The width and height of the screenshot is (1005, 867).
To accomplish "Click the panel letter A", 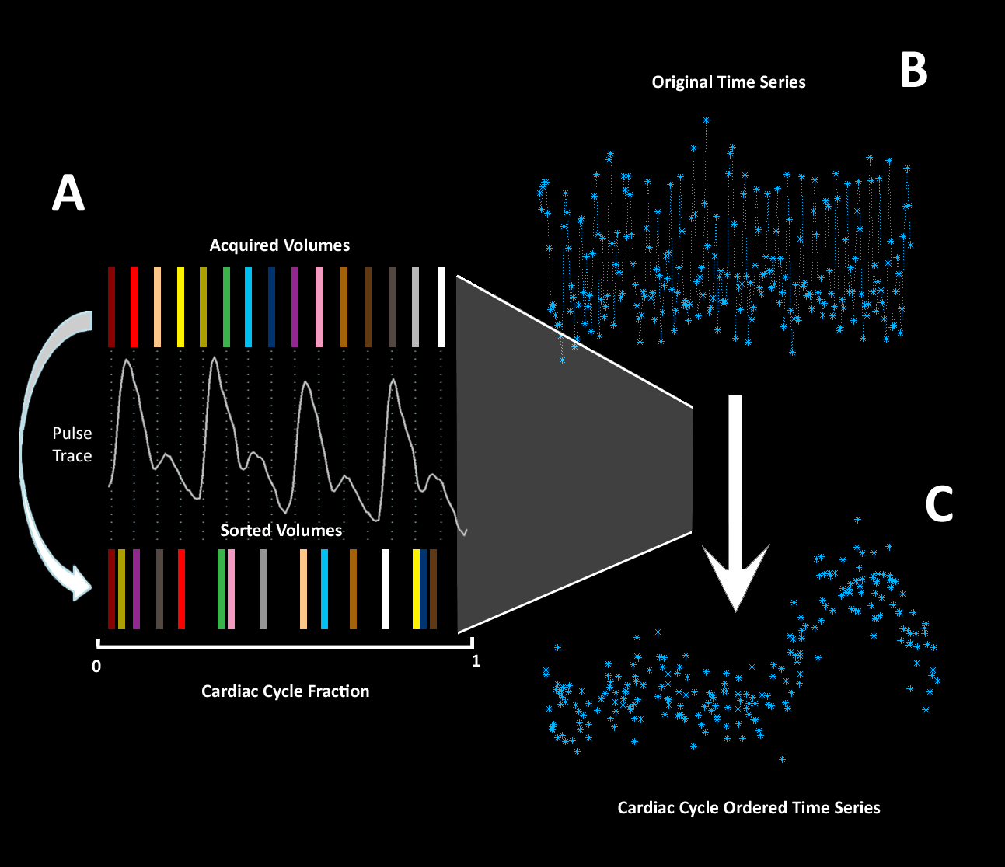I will pyautogui.click(x=68, y=193).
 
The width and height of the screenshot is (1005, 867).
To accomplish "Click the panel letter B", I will pyautogui.click(x=913, y=70).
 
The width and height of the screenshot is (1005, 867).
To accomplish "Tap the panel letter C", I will pyautogui.click(x=939, y=504).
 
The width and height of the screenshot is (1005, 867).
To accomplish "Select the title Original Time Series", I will pyautogui.click(x=728, y=82).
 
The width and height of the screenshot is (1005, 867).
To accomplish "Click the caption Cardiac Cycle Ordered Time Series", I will pyautogui.click(x=749, y=808).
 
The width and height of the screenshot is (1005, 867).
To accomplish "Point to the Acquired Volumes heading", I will pyautogui.click(x=280, y=245).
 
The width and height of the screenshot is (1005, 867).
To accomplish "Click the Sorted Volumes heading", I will pyautogui.click(x=281, y=531).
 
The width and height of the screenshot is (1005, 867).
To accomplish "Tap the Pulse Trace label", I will pyautogui.click(x=72, y=444).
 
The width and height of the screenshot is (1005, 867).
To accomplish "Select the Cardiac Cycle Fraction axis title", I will pyautogui.click(x=285, y=691).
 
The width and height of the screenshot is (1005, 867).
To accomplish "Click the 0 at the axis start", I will pyautogui.click(x=96, y=667).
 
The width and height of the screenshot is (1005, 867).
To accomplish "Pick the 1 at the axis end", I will pyautogui.click(x=476, y=661).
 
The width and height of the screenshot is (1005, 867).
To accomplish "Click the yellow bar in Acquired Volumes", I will pyautogui.click(x=180, y=307).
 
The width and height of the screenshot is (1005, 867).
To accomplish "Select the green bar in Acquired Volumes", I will pyautogui.click(x=226, y=307).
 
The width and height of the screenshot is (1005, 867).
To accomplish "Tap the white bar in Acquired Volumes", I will pyautogui.click(x=441, y=307).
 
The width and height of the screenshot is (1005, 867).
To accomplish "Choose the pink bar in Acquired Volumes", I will pyautogui.click(x=319, y=307).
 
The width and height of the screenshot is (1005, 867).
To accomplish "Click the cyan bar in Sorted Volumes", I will pyautogui.click(x=324, y=589).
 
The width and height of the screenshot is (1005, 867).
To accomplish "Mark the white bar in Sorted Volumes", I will pyautogui.click(x=385, y=589).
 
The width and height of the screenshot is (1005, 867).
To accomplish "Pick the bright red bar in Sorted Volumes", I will pyautogui.click(x=181, y=589).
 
